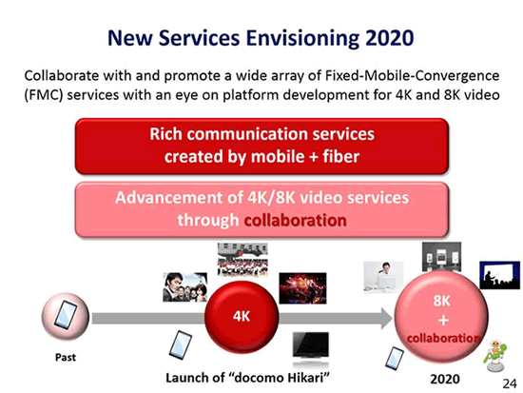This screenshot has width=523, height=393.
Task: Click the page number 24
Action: point(510,383)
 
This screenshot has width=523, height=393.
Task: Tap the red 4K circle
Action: point(242,317)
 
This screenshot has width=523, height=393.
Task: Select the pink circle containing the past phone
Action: point(66,316)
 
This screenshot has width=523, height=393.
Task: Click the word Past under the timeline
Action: point(66,357)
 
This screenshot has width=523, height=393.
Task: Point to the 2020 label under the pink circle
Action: point(445,379)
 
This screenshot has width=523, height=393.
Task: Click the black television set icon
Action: point(311,348)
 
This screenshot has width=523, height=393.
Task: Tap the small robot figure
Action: point(495,356)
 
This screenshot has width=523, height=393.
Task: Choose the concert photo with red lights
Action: point(302,288)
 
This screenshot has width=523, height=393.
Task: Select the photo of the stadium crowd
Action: point(242,260)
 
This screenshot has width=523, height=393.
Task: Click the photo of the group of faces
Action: point(185,287)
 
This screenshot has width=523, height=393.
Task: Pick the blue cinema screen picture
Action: point(499,275)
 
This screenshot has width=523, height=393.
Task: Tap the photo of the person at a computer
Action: point(383,277)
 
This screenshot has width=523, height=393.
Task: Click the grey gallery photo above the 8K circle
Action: point(441,256)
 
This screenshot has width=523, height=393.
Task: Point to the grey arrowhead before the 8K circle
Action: point(387,318)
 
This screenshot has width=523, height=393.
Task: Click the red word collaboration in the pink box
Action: point(295,221)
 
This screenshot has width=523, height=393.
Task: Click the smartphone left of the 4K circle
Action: point(181,344)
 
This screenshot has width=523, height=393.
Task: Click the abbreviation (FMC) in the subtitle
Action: point(44,95)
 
